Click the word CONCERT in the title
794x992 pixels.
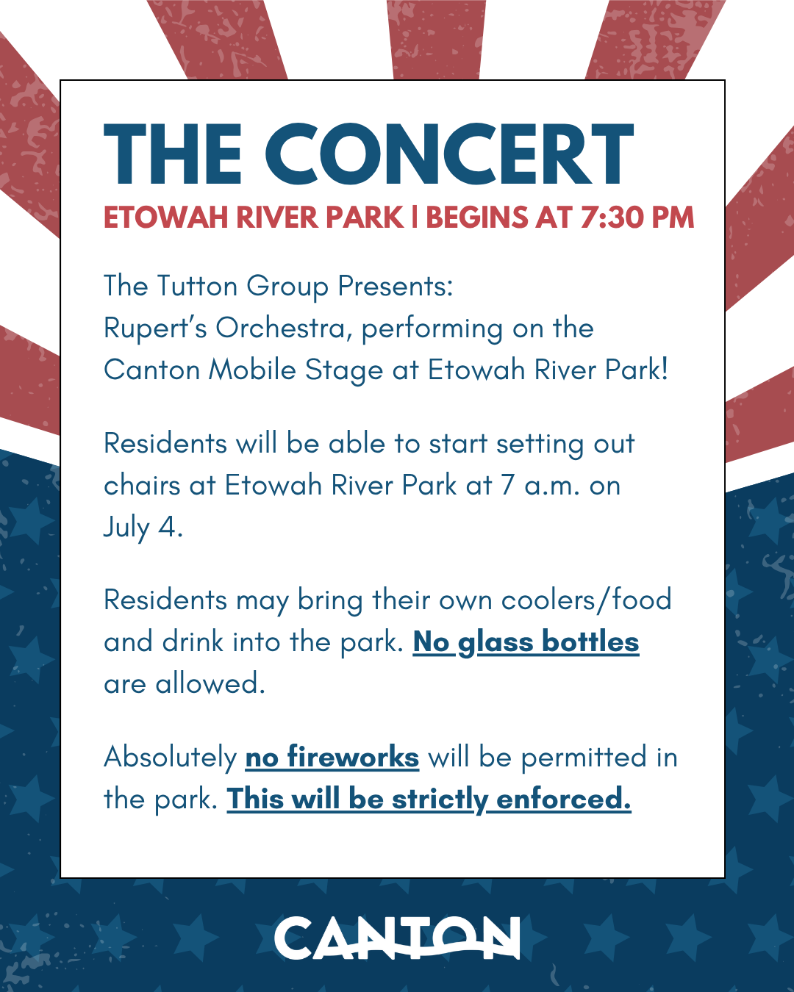coord(449,154)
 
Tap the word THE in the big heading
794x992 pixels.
coord(173,154)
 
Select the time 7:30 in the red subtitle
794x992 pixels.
coord(611,217)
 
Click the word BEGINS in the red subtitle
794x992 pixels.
coord(476,217)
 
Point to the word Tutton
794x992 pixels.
coord(197,286)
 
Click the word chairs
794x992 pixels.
coord(142,486)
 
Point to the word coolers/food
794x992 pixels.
coord(586,600)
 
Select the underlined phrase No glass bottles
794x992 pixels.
coord(526,642)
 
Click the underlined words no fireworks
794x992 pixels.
coord(332,758)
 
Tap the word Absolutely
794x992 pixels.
coord(171,758)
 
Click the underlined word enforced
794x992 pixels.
coord(564,799)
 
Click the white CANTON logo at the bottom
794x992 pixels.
coord(397,938)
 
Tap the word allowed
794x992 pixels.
coord(210,683)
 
